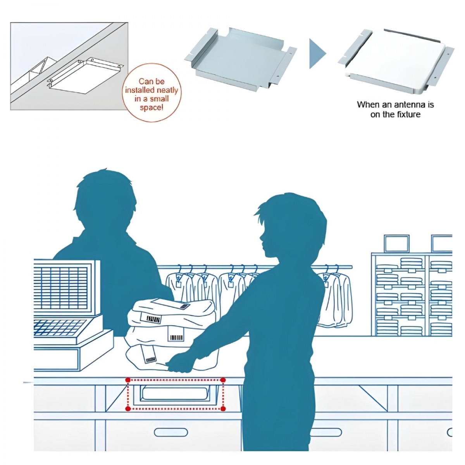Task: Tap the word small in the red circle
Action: pyautogui.click(x=160, y=98)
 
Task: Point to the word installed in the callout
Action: pyautogui.click(x=140, y=90)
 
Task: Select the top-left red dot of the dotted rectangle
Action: pyautogui.click(x=128, y=380)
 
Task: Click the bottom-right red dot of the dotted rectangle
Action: pyautogui.click(x=223, y=408)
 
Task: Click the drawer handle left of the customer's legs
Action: pyautogui.click(x=170, y=432)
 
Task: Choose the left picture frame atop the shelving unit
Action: pyautogui.click(x=396, y=243)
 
